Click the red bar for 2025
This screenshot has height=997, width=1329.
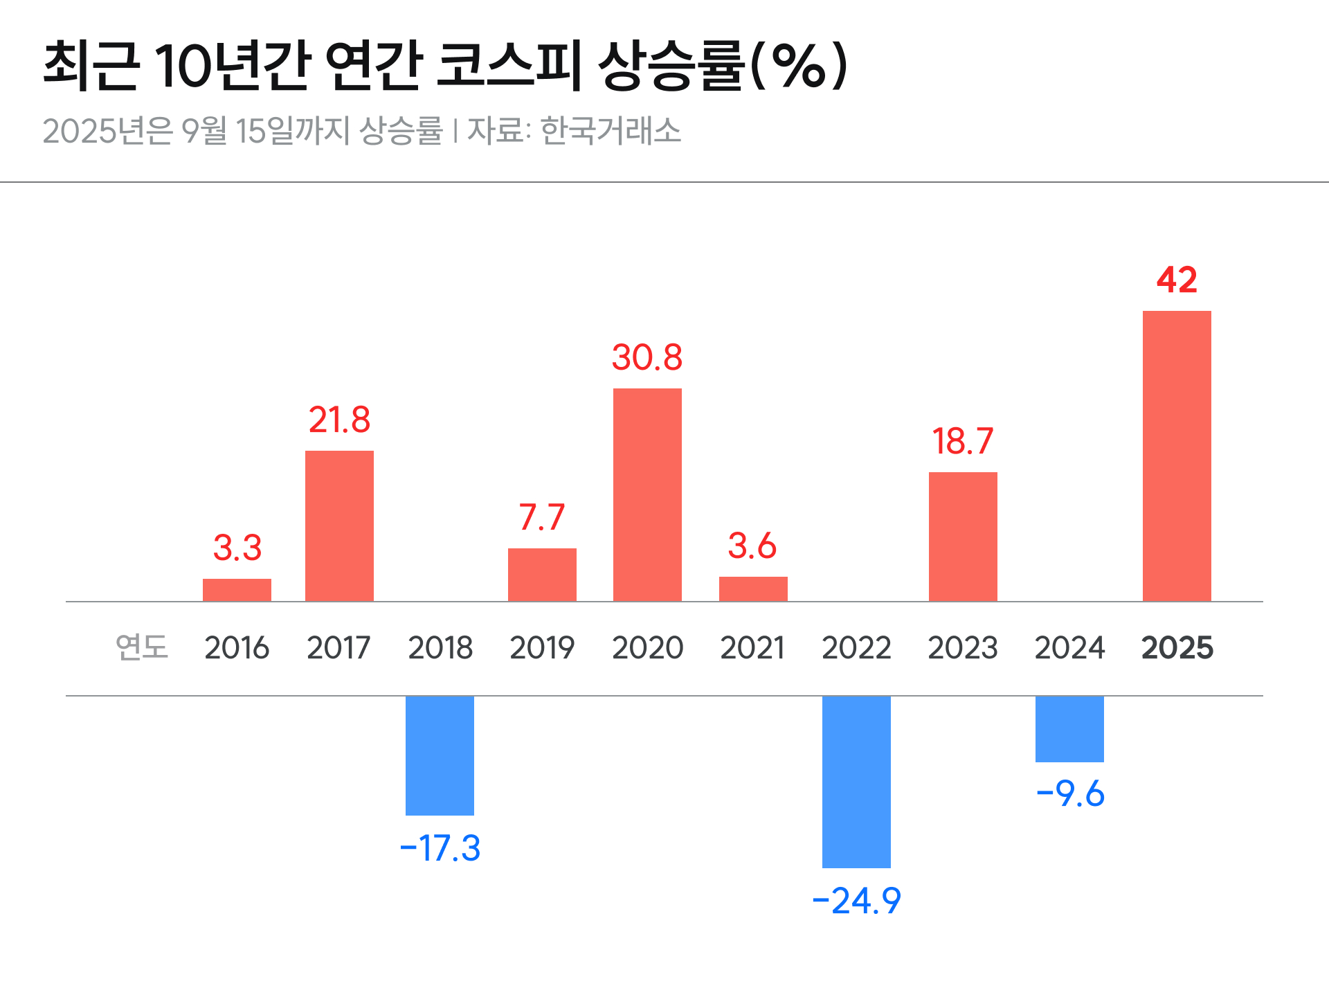pos(1177,456)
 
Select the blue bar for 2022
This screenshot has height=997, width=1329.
pos(856,782)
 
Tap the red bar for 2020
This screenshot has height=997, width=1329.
pos(647,494)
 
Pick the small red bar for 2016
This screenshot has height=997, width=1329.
pos(237,590)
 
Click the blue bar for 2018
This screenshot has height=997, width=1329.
pos(440,755)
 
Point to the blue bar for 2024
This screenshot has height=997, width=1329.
pos(1069,729)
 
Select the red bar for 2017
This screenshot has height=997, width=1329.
pos(339,526)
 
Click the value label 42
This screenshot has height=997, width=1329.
pos(1177,280)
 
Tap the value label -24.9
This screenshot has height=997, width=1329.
pos(856,901)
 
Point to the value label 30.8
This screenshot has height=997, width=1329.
pos(647,358)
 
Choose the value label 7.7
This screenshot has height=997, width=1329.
pos(542,518)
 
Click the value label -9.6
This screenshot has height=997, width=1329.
pos(1070,793)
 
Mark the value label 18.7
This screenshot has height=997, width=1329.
pos(962,442)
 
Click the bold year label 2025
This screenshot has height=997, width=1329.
pos(1177,648)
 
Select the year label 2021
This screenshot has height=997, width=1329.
pos(752,648)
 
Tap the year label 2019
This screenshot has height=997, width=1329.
pos(542,648)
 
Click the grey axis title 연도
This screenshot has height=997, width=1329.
pos(142,647)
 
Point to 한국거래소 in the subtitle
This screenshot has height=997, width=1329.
pos(611,130)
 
